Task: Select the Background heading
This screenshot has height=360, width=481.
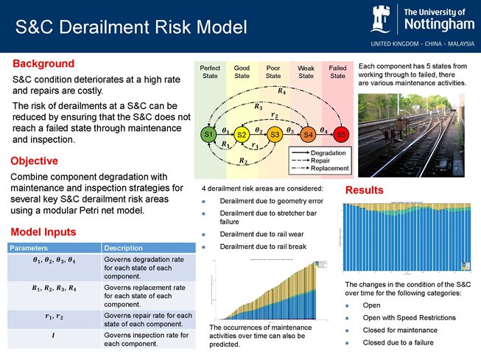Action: (43, 63)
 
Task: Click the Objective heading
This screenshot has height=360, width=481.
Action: (34, 160)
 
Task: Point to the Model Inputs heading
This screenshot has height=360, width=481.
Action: (42, 232)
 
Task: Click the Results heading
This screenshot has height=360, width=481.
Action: (365, 191)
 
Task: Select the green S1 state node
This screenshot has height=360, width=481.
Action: (208, 135)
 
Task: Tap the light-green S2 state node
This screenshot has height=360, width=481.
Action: (241, 135)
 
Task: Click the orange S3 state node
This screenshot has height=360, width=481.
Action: (274, 135)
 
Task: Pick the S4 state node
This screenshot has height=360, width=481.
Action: (308, 135)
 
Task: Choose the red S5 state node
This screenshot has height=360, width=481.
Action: (340, 135)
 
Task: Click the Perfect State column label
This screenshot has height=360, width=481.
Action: (210, 71)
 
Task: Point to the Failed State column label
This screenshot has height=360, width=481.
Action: (337, 71)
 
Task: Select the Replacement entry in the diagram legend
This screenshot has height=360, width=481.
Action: (329, 169)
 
